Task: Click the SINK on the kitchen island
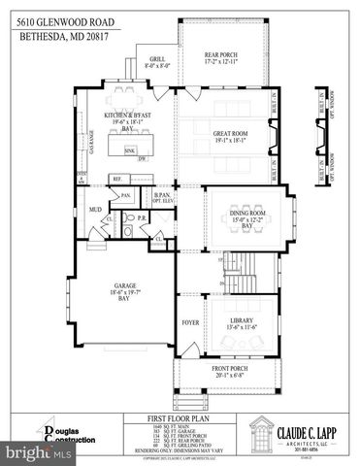click(128, 151)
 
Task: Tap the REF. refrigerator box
click(115, 179)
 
